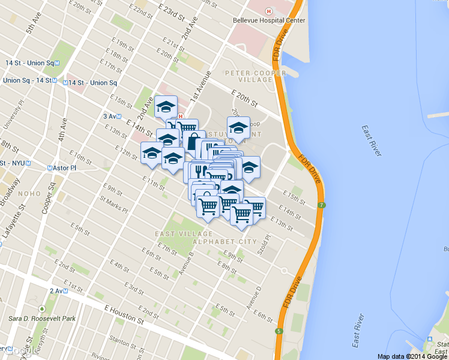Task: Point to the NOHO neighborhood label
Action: click(x=29, y=193)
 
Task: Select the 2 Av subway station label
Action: click(x=59, y=291)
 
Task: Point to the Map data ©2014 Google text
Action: click(x=412, y=356)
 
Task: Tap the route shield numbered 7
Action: click(x=322, y=206)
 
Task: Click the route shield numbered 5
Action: click(x=279, y=331)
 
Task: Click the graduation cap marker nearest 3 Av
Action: click(x=166, y=107)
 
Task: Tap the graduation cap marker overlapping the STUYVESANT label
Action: click(x=238, y=128)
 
